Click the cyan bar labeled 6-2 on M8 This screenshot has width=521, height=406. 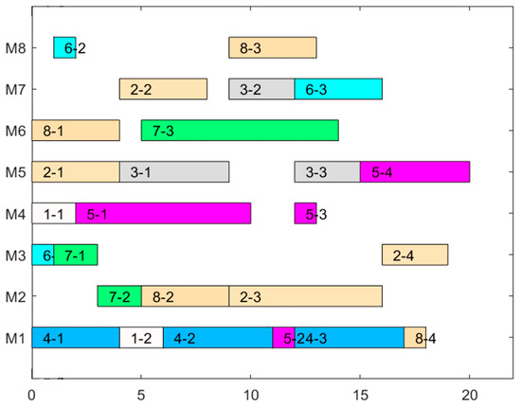64,47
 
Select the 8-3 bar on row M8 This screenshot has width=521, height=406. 272,47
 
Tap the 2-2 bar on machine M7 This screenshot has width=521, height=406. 163,89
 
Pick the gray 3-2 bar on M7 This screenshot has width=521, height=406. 261,89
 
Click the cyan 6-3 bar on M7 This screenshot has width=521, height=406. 337,89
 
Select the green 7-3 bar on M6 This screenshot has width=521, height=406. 239,131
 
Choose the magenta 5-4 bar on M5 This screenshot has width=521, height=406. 414,172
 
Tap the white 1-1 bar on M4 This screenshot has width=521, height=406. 54,214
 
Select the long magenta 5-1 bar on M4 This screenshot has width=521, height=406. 163,214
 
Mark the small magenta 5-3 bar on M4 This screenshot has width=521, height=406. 305,214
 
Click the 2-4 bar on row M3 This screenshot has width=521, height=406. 414,255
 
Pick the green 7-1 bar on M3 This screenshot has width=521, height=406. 76,255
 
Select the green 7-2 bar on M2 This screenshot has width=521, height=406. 119,296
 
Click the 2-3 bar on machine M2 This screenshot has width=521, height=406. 305,296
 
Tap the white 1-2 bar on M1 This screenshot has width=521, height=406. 141,338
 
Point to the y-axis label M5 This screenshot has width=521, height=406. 14,172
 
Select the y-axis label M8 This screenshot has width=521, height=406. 14,47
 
